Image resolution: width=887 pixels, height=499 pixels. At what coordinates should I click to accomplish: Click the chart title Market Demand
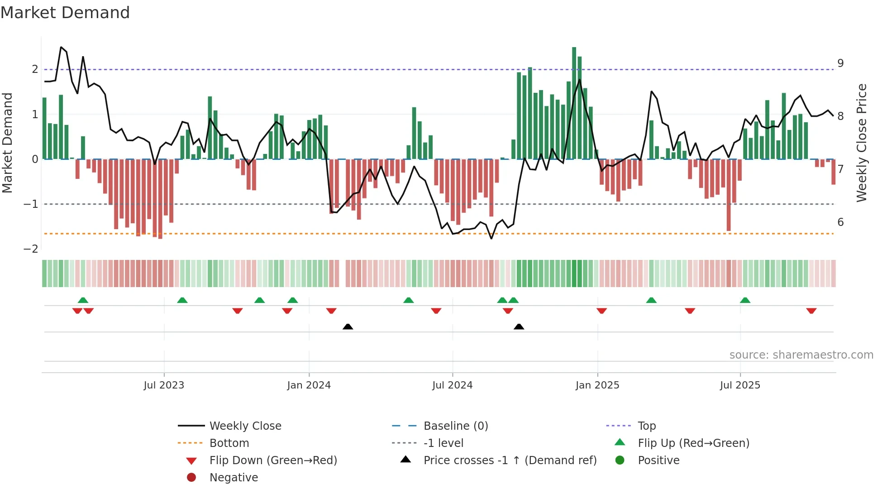pyautogui.click(x=65, y=13)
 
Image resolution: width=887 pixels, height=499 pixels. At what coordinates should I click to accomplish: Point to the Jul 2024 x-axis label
pyautogui.click(x=452, y=385)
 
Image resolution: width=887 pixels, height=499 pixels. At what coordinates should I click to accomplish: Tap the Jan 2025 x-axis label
pyautogui.click(x=597, y=385)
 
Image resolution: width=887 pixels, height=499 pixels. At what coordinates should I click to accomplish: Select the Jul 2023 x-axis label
pyautogui.click(x=164, y=385)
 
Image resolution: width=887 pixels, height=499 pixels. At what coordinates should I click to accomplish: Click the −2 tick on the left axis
pyautogui.click(x=31, y=249)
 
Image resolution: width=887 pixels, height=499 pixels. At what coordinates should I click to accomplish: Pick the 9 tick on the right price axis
pyautogui.click(x=840, y=63)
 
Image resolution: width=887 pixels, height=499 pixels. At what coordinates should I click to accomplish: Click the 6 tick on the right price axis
pyautogui.click(x=840, y=222)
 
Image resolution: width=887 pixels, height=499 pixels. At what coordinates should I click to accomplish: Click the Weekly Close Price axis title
pyautogui.click(x=862, y=143)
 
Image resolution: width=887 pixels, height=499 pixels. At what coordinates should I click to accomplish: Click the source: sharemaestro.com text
pyautogui.click(x=801, y=355)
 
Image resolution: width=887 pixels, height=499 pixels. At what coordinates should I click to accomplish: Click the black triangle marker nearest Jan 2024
pyautogui.click(x=348, y=326)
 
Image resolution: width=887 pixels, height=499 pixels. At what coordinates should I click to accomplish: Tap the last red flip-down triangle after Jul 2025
pyautogui.click(x=811, y=311)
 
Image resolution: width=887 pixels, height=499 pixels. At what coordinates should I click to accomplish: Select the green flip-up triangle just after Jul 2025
pyautogui.click(x=745, y=300)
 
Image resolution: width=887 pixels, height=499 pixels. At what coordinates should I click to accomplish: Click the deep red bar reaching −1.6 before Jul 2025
pyautogui.click(x=729, y=195)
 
